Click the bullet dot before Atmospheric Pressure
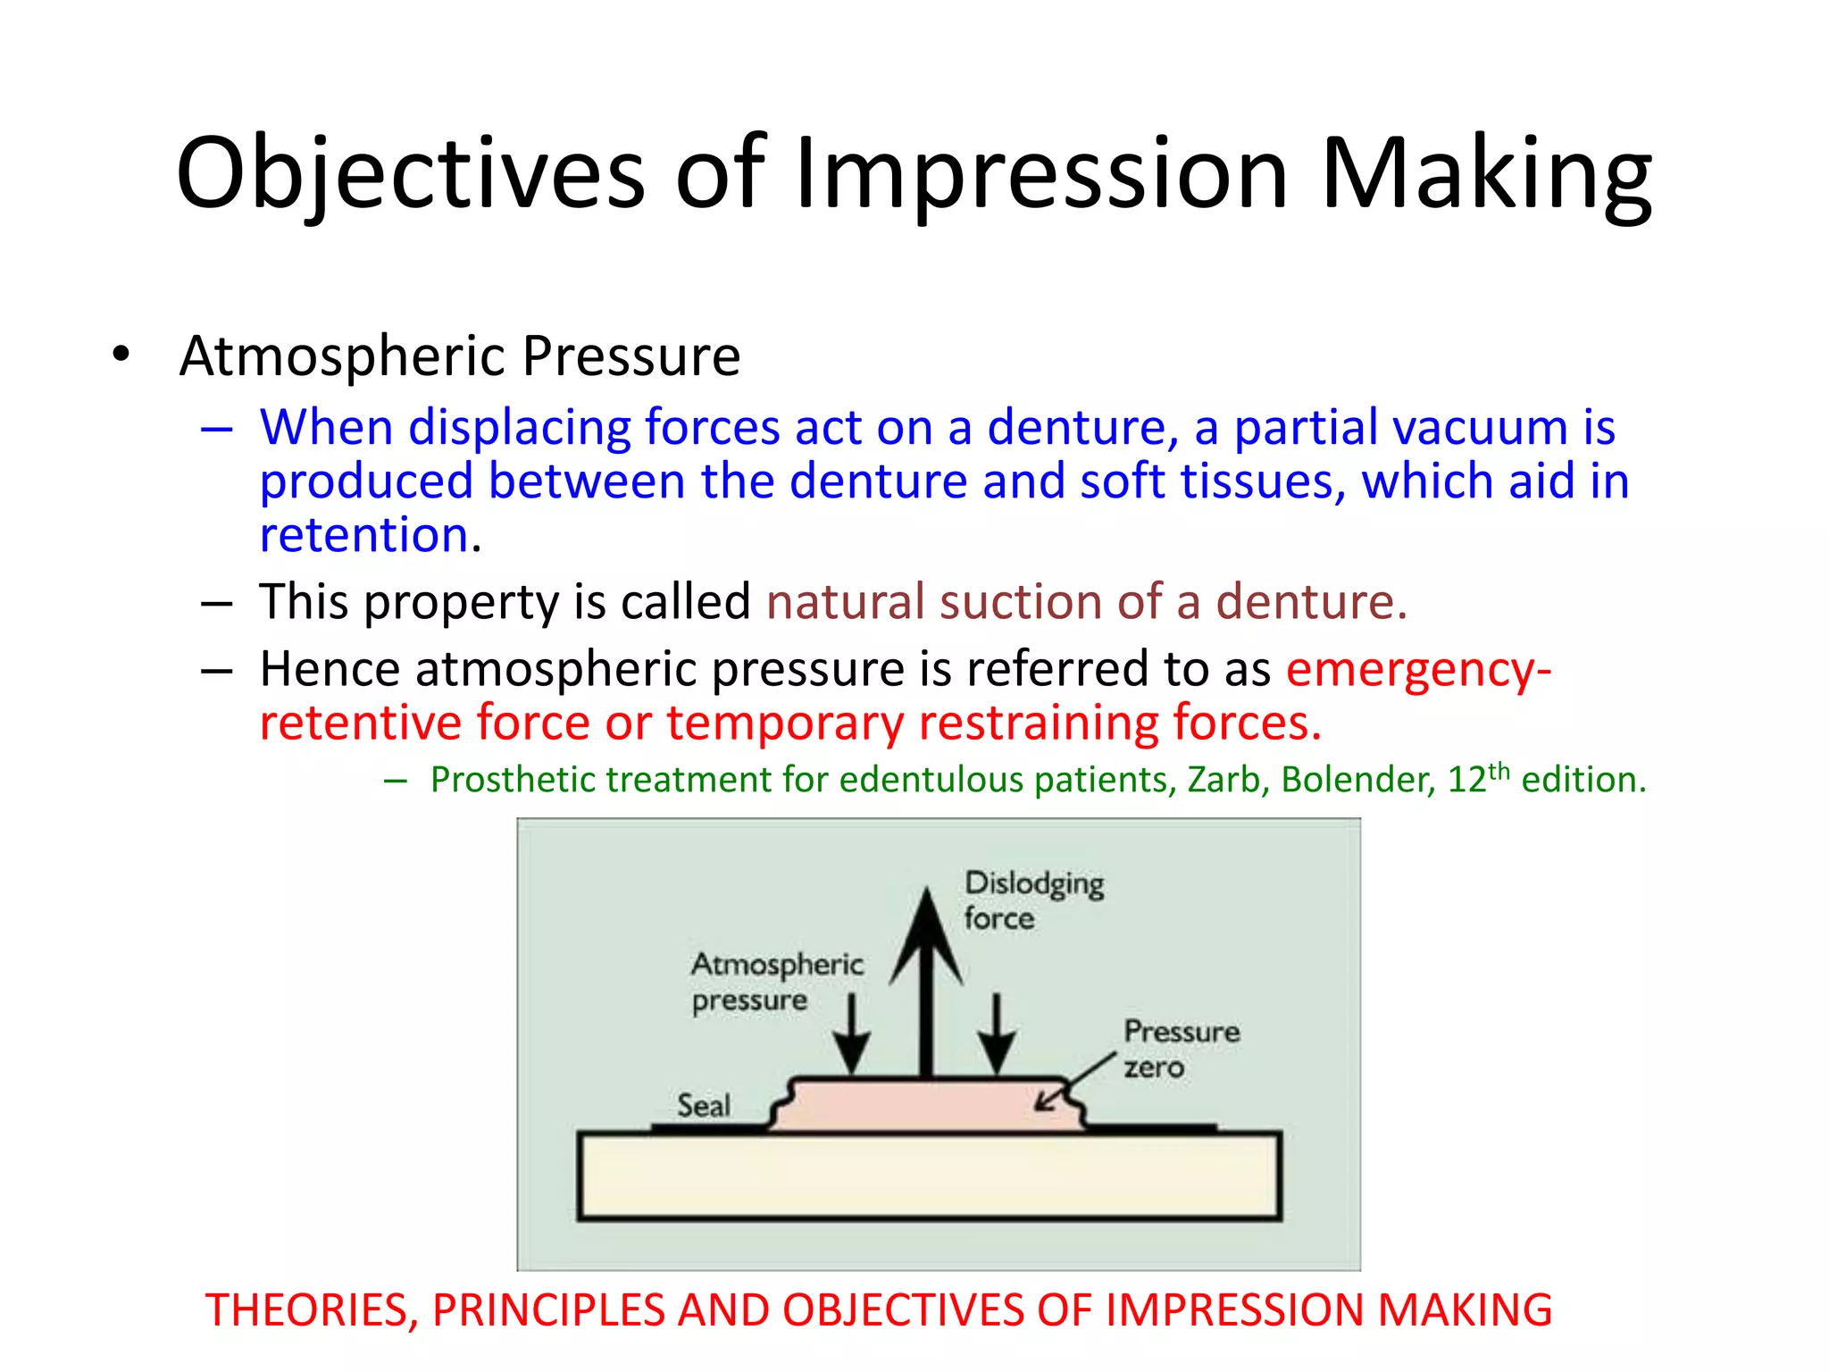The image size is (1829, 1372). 121,355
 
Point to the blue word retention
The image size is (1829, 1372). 364,535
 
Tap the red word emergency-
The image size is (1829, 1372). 1418,669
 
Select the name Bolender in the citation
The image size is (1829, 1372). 1357,780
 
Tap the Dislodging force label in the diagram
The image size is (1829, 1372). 1033,900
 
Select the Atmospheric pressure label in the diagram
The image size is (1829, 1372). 776,982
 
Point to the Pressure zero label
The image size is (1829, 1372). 1180,1049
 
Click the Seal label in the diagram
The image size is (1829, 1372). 703,1106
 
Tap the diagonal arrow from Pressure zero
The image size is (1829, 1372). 1076,1083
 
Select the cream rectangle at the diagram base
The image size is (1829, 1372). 929,1176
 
